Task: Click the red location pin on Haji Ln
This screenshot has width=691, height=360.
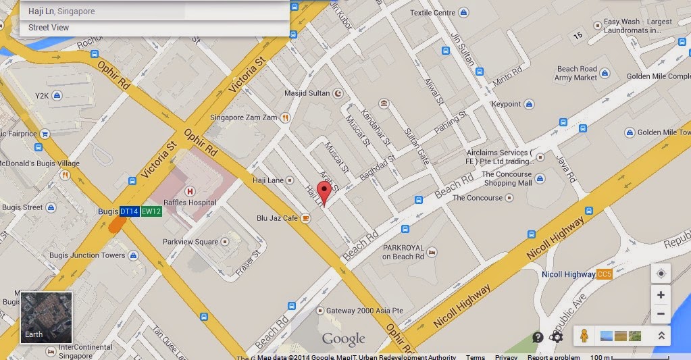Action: [324, 192]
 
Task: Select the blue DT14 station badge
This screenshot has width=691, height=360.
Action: [130, 211]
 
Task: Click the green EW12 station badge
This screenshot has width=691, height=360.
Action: [151, 211]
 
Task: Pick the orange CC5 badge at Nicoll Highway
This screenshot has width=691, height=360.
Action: [605, 274]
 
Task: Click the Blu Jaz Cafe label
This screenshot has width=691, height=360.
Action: [277, 218]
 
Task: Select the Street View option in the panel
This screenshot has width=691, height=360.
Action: [49, 28]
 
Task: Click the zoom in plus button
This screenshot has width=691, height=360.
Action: [661, 295]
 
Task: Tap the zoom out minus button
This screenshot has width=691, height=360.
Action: [661, 313]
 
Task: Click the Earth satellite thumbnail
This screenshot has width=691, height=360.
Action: [46, 317]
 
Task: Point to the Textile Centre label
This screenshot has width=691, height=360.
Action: [432, 12]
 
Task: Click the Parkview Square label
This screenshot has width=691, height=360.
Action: [190, 242]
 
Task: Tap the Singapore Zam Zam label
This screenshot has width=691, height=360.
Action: [244, 118]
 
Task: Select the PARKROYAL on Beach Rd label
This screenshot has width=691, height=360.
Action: [403, 253]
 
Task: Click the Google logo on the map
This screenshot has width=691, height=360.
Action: [343, 339]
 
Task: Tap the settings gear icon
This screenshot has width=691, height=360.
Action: [557, 337]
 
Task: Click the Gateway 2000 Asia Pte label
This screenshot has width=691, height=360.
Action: [365, 311]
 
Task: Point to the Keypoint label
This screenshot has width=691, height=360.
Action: [506, 104]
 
